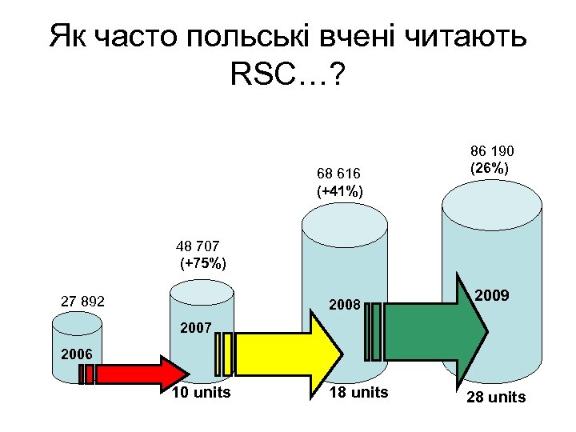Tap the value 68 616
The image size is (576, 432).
338,174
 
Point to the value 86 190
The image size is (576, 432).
492,151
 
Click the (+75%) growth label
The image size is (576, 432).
203,264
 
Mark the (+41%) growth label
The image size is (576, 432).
339,191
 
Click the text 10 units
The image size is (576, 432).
201,392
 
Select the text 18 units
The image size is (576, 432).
358,392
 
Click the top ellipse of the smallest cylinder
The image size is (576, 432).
77,323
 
